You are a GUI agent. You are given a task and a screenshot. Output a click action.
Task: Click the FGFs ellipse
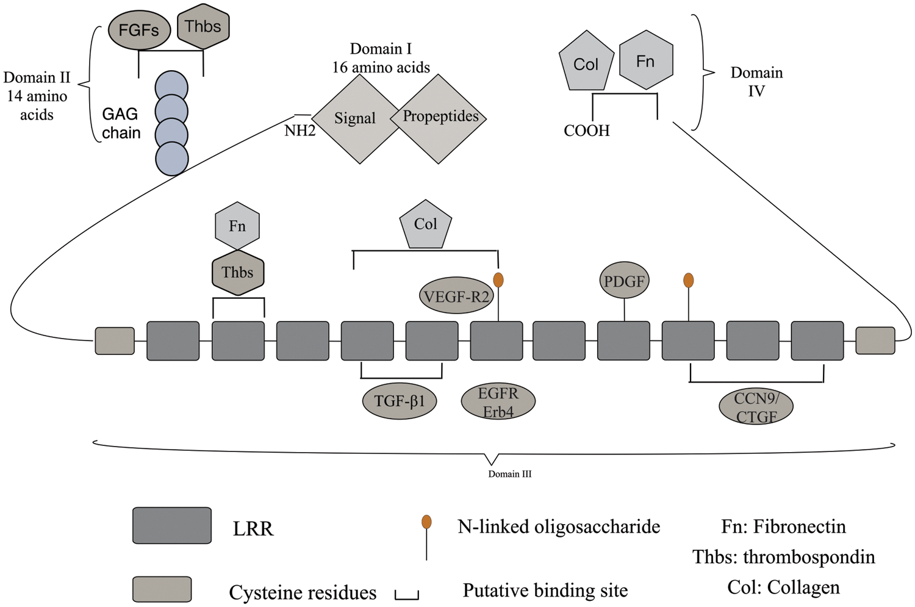pyautogui.click(x=139, y=30)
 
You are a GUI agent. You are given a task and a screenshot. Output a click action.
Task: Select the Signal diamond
pyautogui.click(x=355, y=118)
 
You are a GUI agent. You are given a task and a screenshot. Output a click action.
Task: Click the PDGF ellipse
pyautogui.click(x=624, y=281)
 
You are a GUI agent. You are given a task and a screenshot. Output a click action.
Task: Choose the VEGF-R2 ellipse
pyautogui.click(x=456, y=296)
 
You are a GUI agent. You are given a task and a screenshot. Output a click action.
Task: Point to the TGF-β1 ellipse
pyautogui.click(x=400, y=401)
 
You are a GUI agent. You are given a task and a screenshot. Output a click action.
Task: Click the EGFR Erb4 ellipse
pyautogui.click(x=498, y=402)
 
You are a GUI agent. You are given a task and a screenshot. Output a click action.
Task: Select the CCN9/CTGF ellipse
pyautogui.click(x=756, y=408)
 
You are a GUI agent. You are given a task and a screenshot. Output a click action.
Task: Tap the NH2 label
pyautogui.click(x=300, y=131)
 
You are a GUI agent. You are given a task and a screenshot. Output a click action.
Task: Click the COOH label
pyautogui.click(x=586, y=131)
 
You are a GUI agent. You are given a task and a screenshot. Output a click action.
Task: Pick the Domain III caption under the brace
pyautogui.click(x=509, y=474)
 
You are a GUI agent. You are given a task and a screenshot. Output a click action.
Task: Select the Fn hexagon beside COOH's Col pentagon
pyautogui.click(x=645, y=61)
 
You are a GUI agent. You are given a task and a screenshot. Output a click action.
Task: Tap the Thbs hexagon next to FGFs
pyautogui.click(x=203, y=27)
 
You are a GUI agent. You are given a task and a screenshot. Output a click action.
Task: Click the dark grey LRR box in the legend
pyautogui.click(x=172, y=525)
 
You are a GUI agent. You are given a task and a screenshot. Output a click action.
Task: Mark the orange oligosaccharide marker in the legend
pyautogui.click(x=426, y=523)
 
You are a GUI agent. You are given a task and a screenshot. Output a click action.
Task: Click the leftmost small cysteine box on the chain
pyautogui.click(x=115, y=341)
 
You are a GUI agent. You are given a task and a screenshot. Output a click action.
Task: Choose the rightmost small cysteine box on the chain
pyautogui.click(x=875, y=340)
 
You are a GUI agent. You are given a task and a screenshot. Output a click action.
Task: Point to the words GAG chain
pyautogui.click(x=121, y=123)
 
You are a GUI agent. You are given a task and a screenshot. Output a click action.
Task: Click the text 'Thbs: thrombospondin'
pyautogui.click(x=783, y=557)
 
